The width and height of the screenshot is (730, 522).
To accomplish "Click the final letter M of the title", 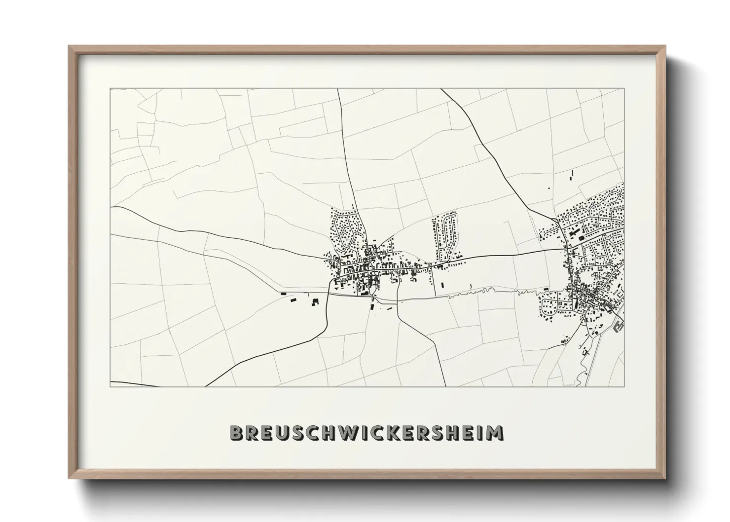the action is pos(494,433).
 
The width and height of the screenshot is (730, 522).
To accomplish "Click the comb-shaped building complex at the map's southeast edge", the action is pos(619,326).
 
